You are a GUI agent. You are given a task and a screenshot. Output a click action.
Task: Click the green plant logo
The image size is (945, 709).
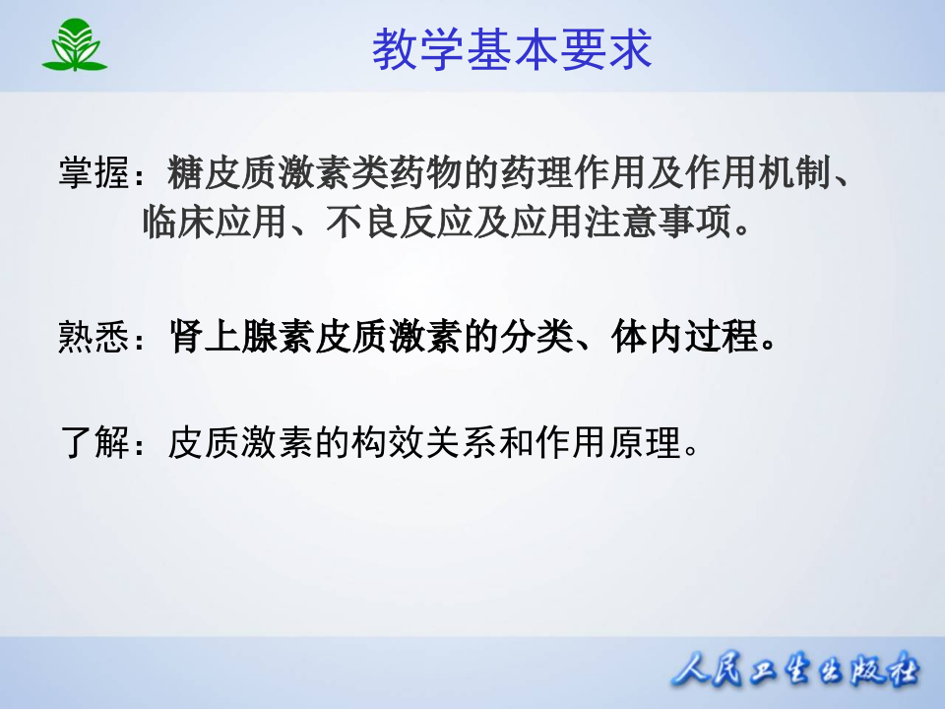point(74,46)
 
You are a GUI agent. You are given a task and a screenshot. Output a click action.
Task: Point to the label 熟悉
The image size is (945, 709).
point(94,340)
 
